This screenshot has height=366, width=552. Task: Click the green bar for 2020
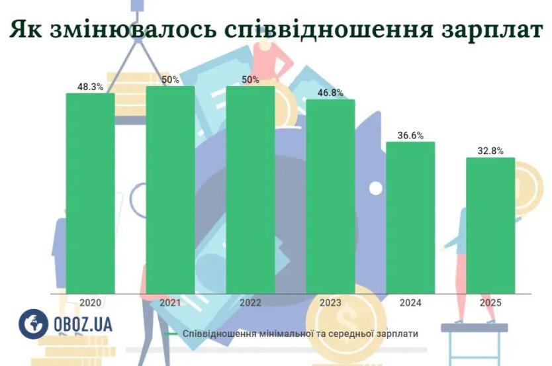(x=90, y=192)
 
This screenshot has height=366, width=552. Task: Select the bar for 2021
(x=170, y=189)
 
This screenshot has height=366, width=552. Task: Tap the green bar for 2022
(x=250, y=189)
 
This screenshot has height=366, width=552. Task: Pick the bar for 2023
(x=330, y=196)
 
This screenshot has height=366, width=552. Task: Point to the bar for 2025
(x=490, y=225)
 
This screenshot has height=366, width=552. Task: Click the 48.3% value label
(x=90, y=86)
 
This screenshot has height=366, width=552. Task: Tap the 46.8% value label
(x=330, y=93)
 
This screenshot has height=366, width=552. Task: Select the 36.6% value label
(x=410, y=135)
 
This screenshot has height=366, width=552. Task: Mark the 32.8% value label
(x=490, y=151)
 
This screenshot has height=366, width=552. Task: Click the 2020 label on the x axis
(x=90, y=302)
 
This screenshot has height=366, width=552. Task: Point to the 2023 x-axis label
(x=330, y=302)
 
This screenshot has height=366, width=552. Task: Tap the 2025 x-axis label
(x=490, y=302)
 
